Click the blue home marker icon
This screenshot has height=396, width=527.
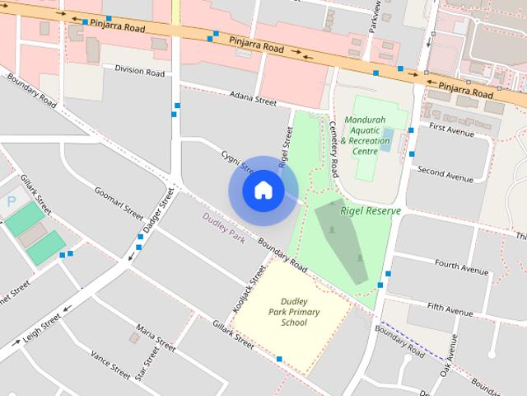[263, 191]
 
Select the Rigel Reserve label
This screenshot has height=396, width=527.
[370, 211]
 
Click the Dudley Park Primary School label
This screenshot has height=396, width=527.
[293, 312]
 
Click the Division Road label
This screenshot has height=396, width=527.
[139, 72]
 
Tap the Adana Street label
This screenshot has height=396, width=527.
[254, 100]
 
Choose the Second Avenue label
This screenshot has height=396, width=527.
[445, 173]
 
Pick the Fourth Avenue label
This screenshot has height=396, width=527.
[461, 267]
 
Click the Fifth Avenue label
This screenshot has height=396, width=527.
[450, 310]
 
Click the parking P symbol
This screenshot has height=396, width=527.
[12, 201]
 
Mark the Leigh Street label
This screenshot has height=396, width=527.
[43, 326]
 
